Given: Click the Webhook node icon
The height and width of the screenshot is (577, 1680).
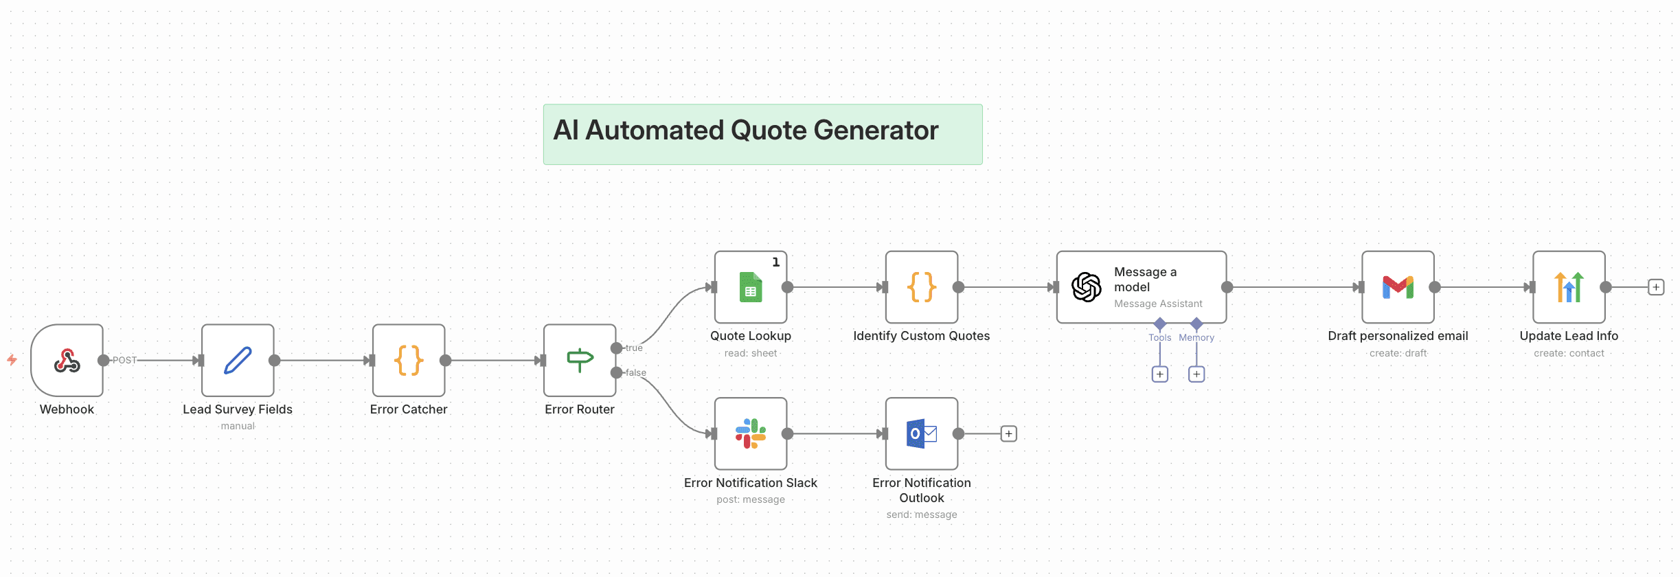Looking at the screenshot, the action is (67, 360).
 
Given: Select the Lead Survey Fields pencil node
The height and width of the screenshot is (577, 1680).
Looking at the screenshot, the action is (238, 360).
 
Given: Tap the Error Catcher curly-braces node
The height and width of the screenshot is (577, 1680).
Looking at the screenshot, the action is (409, 360).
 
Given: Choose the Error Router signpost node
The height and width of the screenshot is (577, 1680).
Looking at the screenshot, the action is (580, 360).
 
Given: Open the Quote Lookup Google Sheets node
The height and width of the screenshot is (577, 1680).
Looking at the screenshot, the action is (751, 287).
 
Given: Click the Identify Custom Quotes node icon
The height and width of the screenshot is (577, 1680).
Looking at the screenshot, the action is (922, 287).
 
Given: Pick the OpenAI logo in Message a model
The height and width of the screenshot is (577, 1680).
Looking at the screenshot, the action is (1087, 287).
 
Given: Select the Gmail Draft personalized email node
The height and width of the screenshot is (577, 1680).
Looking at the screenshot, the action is (1398, 287).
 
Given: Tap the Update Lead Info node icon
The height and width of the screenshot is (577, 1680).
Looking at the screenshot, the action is (1569, 287).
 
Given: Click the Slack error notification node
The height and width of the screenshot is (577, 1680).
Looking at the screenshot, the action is (751, 433).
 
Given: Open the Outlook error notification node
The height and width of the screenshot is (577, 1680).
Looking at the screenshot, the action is (922, 433).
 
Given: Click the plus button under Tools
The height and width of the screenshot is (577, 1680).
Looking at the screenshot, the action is (1160, 374).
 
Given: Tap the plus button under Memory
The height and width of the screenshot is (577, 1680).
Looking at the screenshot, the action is (1196, 374).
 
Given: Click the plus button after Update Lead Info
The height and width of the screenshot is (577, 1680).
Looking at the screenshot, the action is (1656, 287).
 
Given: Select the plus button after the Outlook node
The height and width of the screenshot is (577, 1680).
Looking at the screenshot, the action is (1008, 433).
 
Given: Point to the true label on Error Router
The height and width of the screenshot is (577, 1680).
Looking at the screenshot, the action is (634, 348).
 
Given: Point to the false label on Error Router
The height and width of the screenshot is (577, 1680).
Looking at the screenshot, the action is (636, 373).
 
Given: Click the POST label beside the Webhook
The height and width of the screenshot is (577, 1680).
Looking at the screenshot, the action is (124, 360).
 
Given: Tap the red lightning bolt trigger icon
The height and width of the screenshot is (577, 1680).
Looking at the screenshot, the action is (12, 359).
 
